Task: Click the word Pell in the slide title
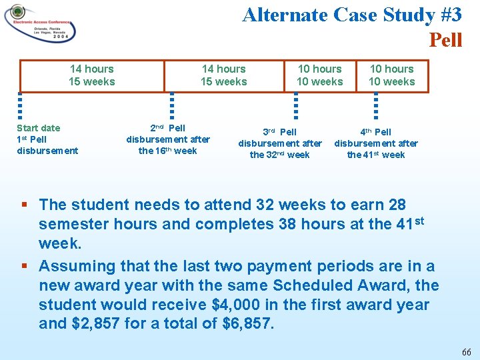pyautogui.click(x=445, y=40)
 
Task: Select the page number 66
pyautogui.click(x=466, y=351)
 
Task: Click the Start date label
pyautogui.click(x=38, y=128)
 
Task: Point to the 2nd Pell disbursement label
pyautogui.click(x=168, y=139)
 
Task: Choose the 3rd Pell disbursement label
pyautogui.click(x=280, y=143)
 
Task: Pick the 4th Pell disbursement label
pyautogui.click(x=376, y=143)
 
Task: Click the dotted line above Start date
pyautogui.click(x=20, y=105)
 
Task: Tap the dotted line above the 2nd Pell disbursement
pyautogui.click(x=172, y=105)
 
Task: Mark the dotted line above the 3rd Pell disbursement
pyautogui.click(x=296, y=105)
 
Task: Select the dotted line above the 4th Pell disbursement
pyautogui.click(x=376, y=105)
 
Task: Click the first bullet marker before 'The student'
pyautogui.click(x=24, y=205)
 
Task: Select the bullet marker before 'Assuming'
pyautogui.click(x=24, y=267)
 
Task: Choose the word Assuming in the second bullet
pyautogui.click(x=74, y=267)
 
